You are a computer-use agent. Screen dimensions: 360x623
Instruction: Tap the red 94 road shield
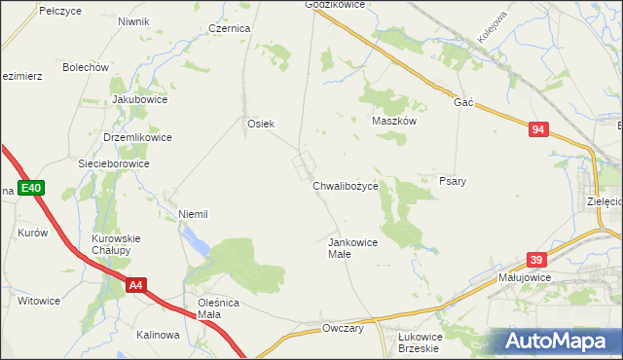coord(539,129)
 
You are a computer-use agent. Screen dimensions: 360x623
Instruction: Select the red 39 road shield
coord(535,260)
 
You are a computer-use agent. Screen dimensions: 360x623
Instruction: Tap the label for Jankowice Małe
coord(351,247)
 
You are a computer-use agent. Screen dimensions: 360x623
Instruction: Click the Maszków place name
coord(394,122)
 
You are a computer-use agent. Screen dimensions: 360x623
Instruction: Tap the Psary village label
coord(453,182)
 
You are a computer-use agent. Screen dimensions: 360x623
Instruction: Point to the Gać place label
coord(463,102)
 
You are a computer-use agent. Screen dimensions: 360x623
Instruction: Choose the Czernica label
coord(230,29)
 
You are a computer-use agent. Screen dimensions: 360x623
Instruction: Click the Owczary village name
coord(343,329)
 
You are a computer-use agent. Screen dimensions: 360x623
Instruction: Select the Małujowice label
coord(525,277)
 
